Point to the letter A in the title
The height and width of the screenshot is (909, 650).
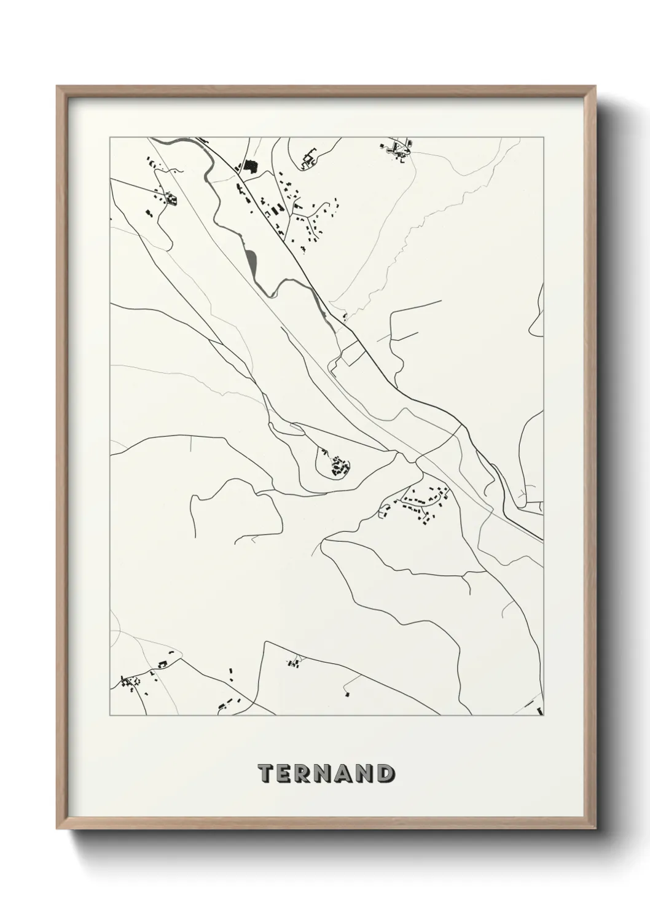(x=348, y=774)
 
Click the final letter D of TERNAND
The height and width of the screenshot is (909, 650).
(x=386, y=774)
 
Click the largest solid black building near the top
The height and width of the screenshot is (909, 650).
(x=249, y=166)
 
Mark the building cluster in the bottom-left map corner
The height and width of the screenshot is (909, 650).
(x=130, y=684)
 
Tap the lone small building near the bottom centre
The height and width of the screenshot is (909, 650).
(x=347, y=694)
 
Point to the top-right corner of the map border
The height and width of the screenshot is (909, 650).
(x=543, y=138)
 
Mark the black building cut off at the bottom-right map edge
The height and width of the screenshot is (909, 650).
(x=540, y=711)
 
